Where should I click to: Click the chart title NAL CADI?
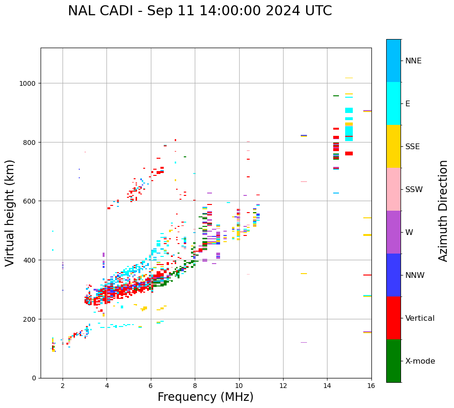pyautogui.click(x=200, y=11)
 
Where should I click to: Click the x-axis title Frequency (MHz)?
pyautogui.click(x=205, y=397)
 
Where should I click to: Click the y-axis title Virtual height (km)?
pyautogui.click(x=10, y=213)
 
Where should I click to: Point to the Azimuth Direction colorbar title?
pyautogui.click(x=443, y=210)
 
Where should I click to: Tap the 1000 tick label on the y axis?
pyautogui.click(x=27, y=83)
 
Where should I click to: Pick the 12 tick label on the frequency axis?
pyautogui.click(x=283, y=386)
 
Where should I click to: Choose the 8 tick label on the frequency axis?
pyautogui.click(x=195, y=386)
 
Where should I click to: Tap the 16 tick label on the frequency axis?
pyautogui.click(x=371, y=386)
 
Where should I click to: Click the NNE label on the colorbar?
pyautogui.click(x=413, y=61)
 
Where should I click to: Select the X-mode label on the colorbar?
pyautogui.click(x=420, y=361)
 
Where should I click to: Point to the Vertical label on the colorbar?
pyautogui.click(x=420, y=318)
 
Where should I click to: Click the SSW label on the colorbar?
pyautogui.click(x=414, y=190)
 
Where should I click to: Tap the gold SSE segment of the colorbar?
pyautogui.click(x=393, y=146)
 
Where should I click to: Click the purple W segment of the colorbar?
pyautogui.click(x=393, y=232)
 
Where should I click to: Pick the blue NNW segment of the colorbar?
pyautogui.click(x=393, y=275)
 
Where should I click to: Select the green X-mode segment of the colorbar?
pyautogui.click(x=393, y=361)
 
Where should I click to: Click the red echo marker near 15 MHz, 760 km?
pyautogui.click(x=349, y=153)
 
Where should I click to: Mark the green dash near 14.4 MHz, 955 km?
pyautogui.click(x=336, y=96)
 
